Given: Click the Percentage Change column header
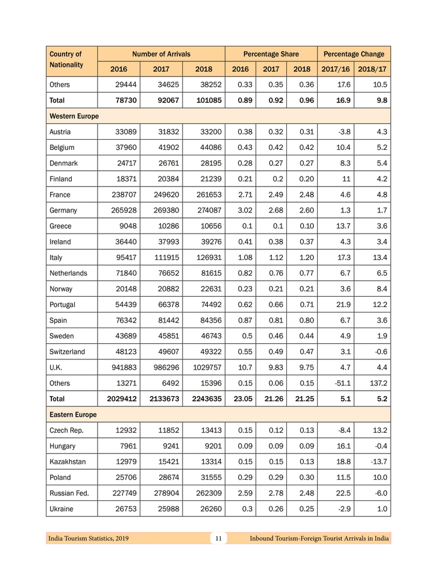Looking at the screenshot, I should point(354,54).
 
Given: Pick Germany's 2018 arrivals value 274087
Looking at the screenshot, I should point(205,210).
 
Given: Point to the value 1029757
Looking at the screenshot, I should point(202,367).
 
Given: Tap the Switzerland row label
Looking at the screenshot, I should point(67,352).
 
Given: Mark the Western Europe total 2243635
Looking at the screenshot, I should point(202,399).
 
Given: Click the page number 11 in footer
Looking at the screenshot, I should point(218,538).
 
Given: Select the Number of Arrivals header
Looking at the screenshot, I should point(161,54).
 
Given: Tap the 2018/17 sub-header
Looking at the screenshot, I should point(372,69).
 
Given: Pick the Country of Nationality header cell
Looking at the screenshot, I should point(66,60).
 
